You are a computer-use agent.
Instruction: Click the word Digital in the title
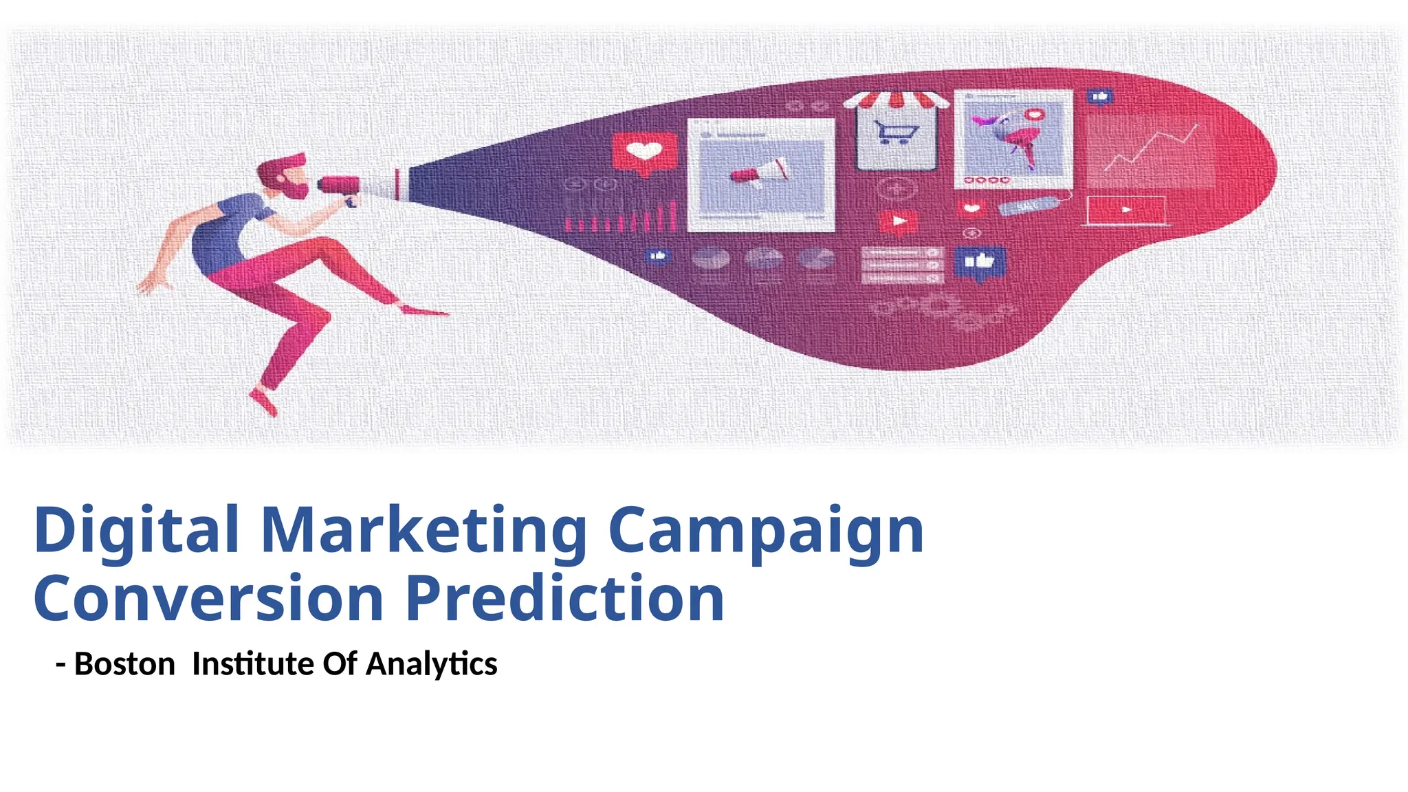pyautogui.click(x=136, y=531)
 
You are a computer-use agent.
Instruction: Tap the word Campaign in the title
pyautogui.click(x=766, y=531)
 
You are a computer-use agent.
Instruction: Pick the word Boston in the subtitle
pyautogui.click(x=124, y=664)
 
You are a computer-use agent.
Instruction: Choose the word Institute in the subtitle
pyautogui.click(x=253, y=664)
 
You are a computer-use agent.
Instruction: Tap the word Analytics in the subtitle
pyautogui.click(x=432, y=664)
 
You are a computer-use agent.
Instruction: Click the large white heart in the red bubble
pyautogui.click(x=644, y=151)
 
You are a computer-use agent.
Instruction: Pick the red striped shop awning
pyautogui.click(x=896, y=100)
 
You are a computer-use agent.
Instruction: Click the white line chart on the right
pyautogui.click(x=1152, y=148)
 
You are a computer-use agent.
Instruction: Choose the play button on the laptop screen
pyautogui.click(x=1125, y=210)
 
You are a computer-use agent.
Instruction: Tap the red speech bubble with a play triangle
pyautogui.click(x=898, y=222)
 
